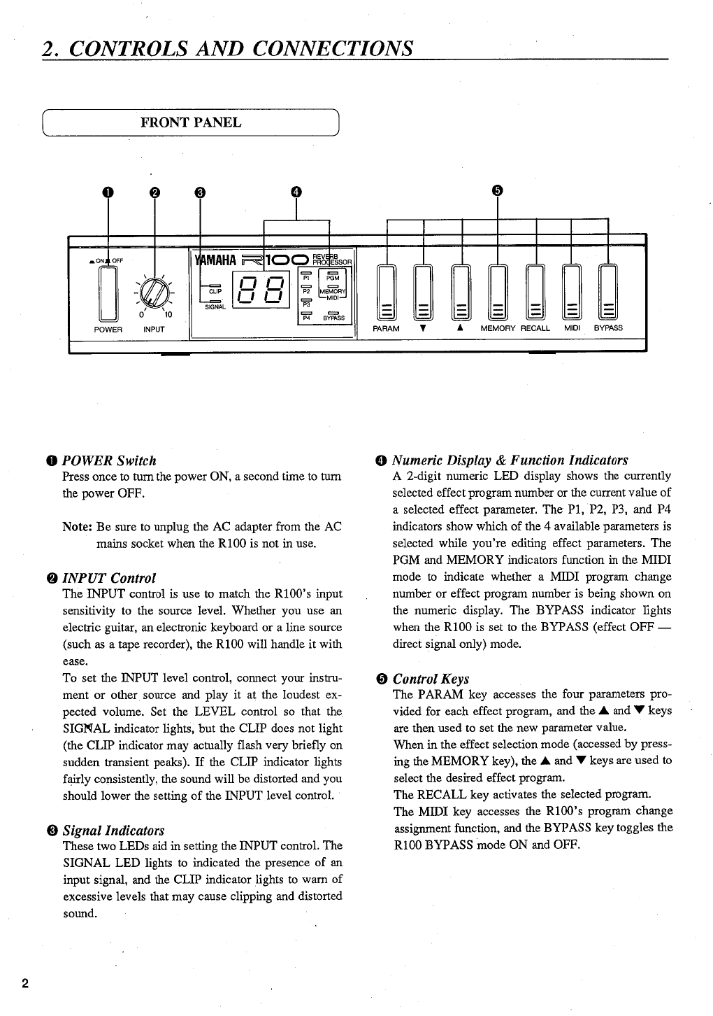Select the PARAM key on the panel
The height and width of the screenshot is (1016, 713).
coord(386,294)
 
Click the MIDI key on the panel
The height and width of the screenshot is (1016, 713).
coord(572,294)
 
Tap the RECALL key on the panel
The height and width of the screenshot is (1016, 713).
coord(535,294)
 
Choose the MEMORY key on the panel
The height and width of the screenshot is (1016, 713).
coord(497,294)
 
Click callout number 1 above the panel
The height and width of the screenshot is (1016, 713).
coord(108,192)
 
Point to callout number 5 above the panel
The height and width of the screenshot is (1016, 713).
coord(497,190)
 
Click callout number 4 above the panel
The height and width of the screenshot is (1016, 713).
coord(296,192)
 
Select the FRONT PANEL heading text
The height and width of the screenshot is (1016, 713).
coord(191,122)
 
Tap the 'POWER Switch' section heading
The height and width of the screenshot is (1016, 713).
coord(109,460)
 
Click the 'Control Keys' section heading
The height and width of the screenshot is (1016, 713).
coord(431,679)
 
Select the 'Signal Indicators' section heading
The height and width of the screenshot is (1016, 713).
coord(113,831)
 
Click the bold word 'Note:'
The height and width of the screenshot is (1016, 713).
coord(78,526)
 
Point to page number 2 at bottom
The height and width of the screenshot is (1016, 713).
coord(25,984)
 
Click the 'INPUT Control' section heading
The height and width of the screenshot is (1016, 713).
coord(109,578)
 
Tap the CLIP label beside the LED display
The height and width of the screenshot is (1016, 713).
coord(215,292)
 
